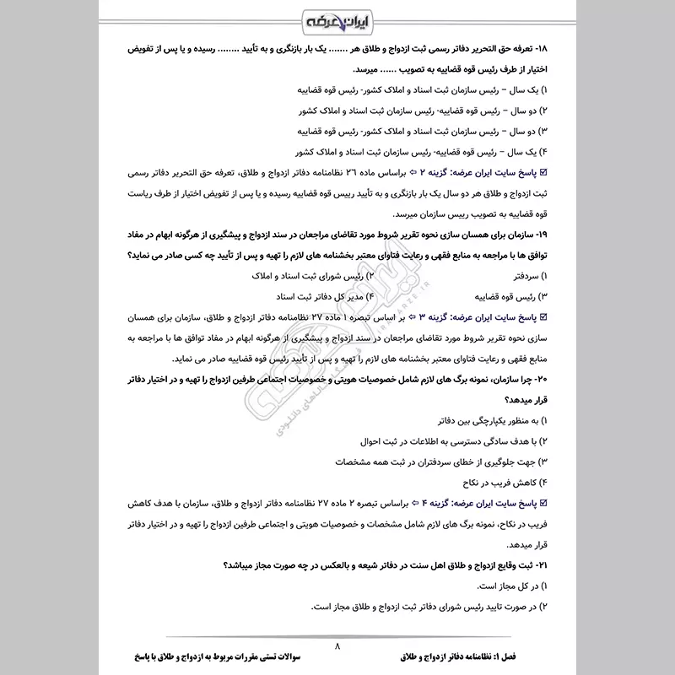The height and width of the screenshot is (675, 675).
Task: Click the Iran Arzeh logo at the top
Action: tap(337, 19)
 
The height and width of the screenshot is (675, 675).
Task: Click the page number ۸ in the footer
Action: tap(337, 647)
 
